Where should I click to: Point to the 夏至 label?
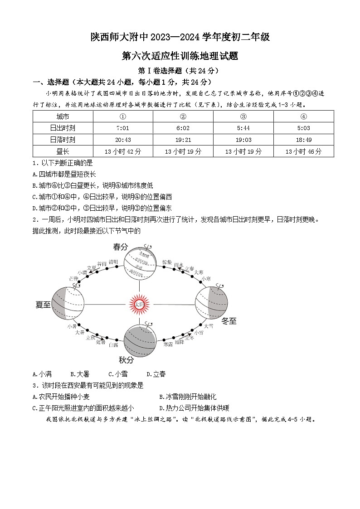[43, 305]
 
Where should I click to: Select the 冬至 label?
[229, 321]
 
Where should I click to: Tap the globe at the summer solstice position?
[68, 303]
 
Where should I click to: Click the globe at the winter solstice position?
[211, 302]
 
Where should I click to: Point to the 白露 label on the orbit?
[113, 345]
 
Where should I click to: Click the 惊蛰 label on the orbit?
[166, 262]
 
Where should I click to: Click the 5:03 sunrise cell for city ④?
[304, 128]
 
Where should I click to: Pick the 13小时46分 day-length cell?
[304, 151]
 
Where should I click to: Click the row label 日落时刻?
[63, 140]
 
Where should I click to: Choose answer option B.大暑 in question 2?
[80, 374]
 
